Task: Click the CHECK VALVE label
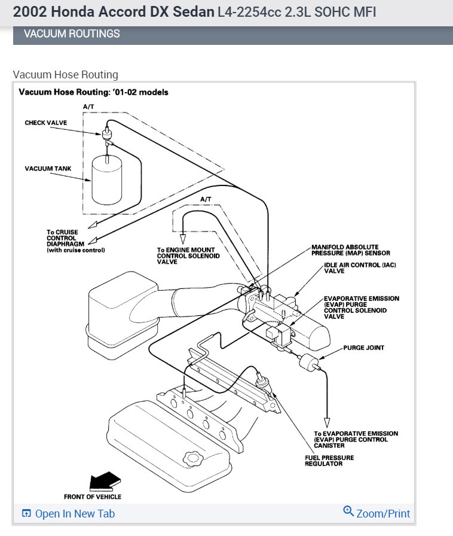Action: [x=46, y=123]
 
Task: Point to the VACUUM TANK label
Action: [x=48, y=169]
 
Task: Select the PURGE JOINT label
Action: [x=364, y=348]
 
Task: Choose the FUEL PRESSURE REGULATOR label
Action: [x=329, y=461]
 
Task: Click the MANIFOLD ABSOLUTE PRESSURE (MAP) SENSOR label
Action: [x=351, y=250]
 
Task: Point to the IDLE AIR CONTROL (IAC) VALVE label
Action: [x=360, y=267]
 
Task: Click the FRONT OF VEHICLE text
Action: [x=93, y=497]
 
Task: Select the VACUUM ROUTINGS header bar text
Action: [x=72, y=33]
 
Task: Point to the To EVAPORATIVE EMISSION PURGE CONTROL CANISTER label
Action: [x=356, y=440]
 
